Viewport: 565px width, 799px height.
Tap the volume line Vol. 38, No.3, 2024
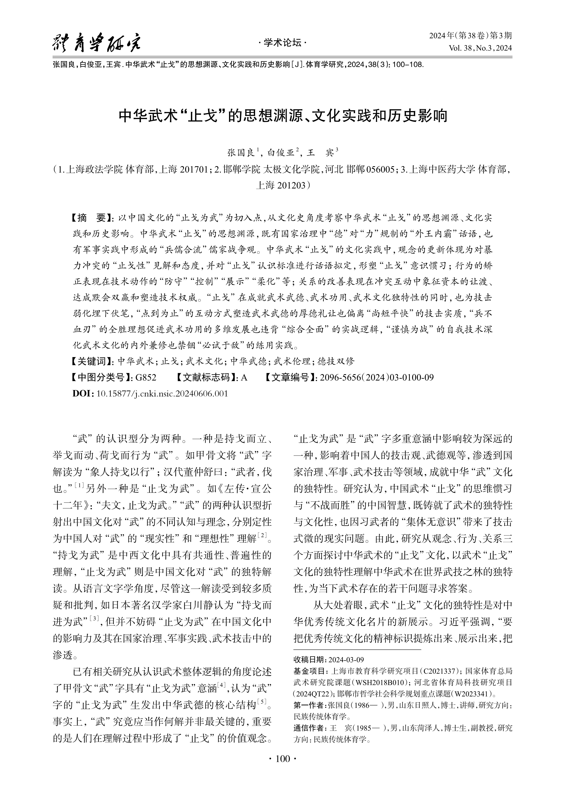click(480, 48)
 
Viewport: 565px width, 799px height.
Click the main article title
click(283, 116)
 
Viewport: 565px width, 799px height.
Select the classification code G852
click(146, 377)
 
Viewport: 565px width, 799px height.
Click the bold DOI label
click(83, 394)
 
